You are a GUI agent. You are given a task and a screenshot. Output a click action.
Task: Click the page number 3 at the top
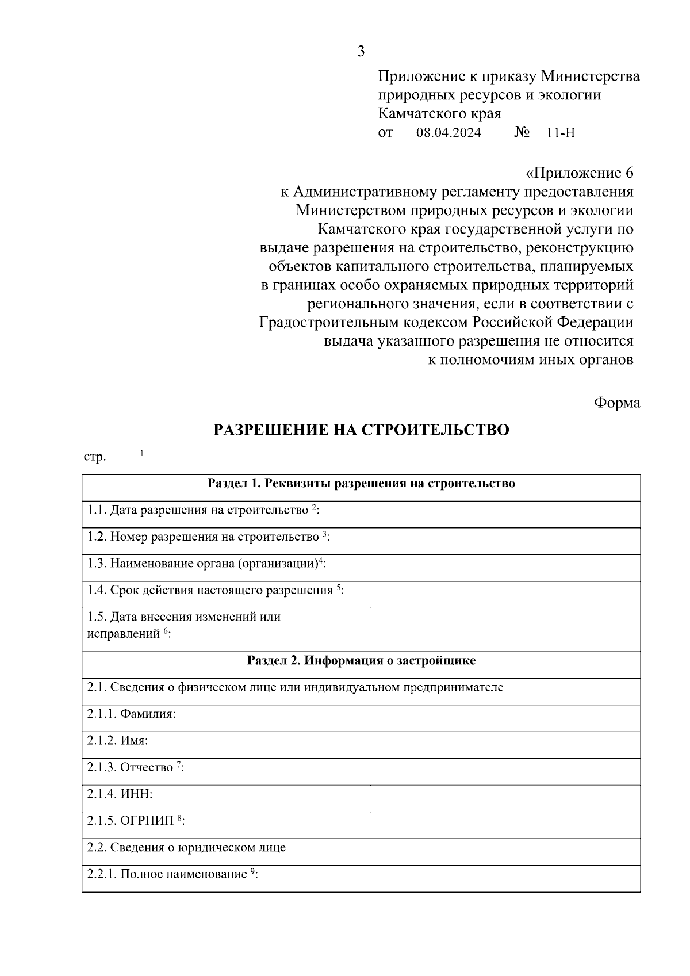(361, 52)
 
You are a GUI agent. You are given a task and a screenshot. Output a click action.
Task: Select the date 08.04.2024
(449, 133)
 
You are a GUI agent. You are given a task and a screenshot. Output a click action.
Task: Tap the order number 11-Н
(561, 133)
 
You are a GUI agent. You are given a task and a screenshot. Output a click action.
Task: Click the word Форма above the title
(616, 403)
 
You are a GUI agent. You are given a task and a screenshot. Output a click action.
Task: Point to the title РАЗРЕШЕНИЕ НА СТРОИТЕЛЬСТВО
(362, 430)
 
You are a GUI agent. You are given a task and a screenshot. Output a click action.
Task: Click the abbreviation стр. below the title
(95, 458)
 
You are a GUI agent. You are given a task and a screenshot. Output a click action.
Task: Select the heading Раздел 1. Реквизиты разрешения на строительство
(361, 484)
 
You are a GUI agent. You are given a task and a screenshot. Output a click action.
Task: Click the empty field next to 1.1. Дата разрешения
(505, 514)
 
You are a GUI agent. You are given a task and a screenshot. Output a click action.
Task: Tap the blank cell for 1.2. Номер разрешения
(505, 541)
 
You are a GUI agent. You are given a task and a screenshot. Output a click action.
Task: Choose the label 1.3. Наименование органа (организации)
(206, 564)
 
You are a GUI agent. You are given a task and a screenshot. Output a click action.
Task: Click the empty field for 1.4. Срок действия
(505, 595)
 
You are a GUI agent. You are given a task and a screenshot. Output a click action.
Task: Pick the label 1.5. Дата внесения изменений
(184, 625)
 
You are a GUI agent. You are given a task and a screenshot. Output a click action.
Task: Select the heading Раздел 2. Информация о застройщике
(361, 661)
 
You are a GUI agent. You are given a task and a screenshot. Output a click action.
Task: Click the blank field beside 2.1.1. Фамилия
(505, 718)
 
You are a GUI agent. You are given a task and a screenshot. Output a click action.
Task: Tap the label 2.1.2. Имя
(118, 741)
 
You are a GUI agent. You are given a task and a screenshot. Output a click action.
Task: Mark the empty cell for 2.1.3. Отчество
(505, 772)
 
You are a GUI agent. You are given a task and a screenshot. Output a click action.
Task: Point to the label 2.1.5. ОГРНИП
(136, 821)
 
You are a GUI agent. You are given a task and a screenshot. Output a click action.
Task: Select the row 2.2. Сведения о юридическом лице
(187, 848)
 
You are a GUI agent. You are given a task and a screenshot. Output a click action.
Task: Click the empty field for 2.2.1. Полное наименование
(505, 879)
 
